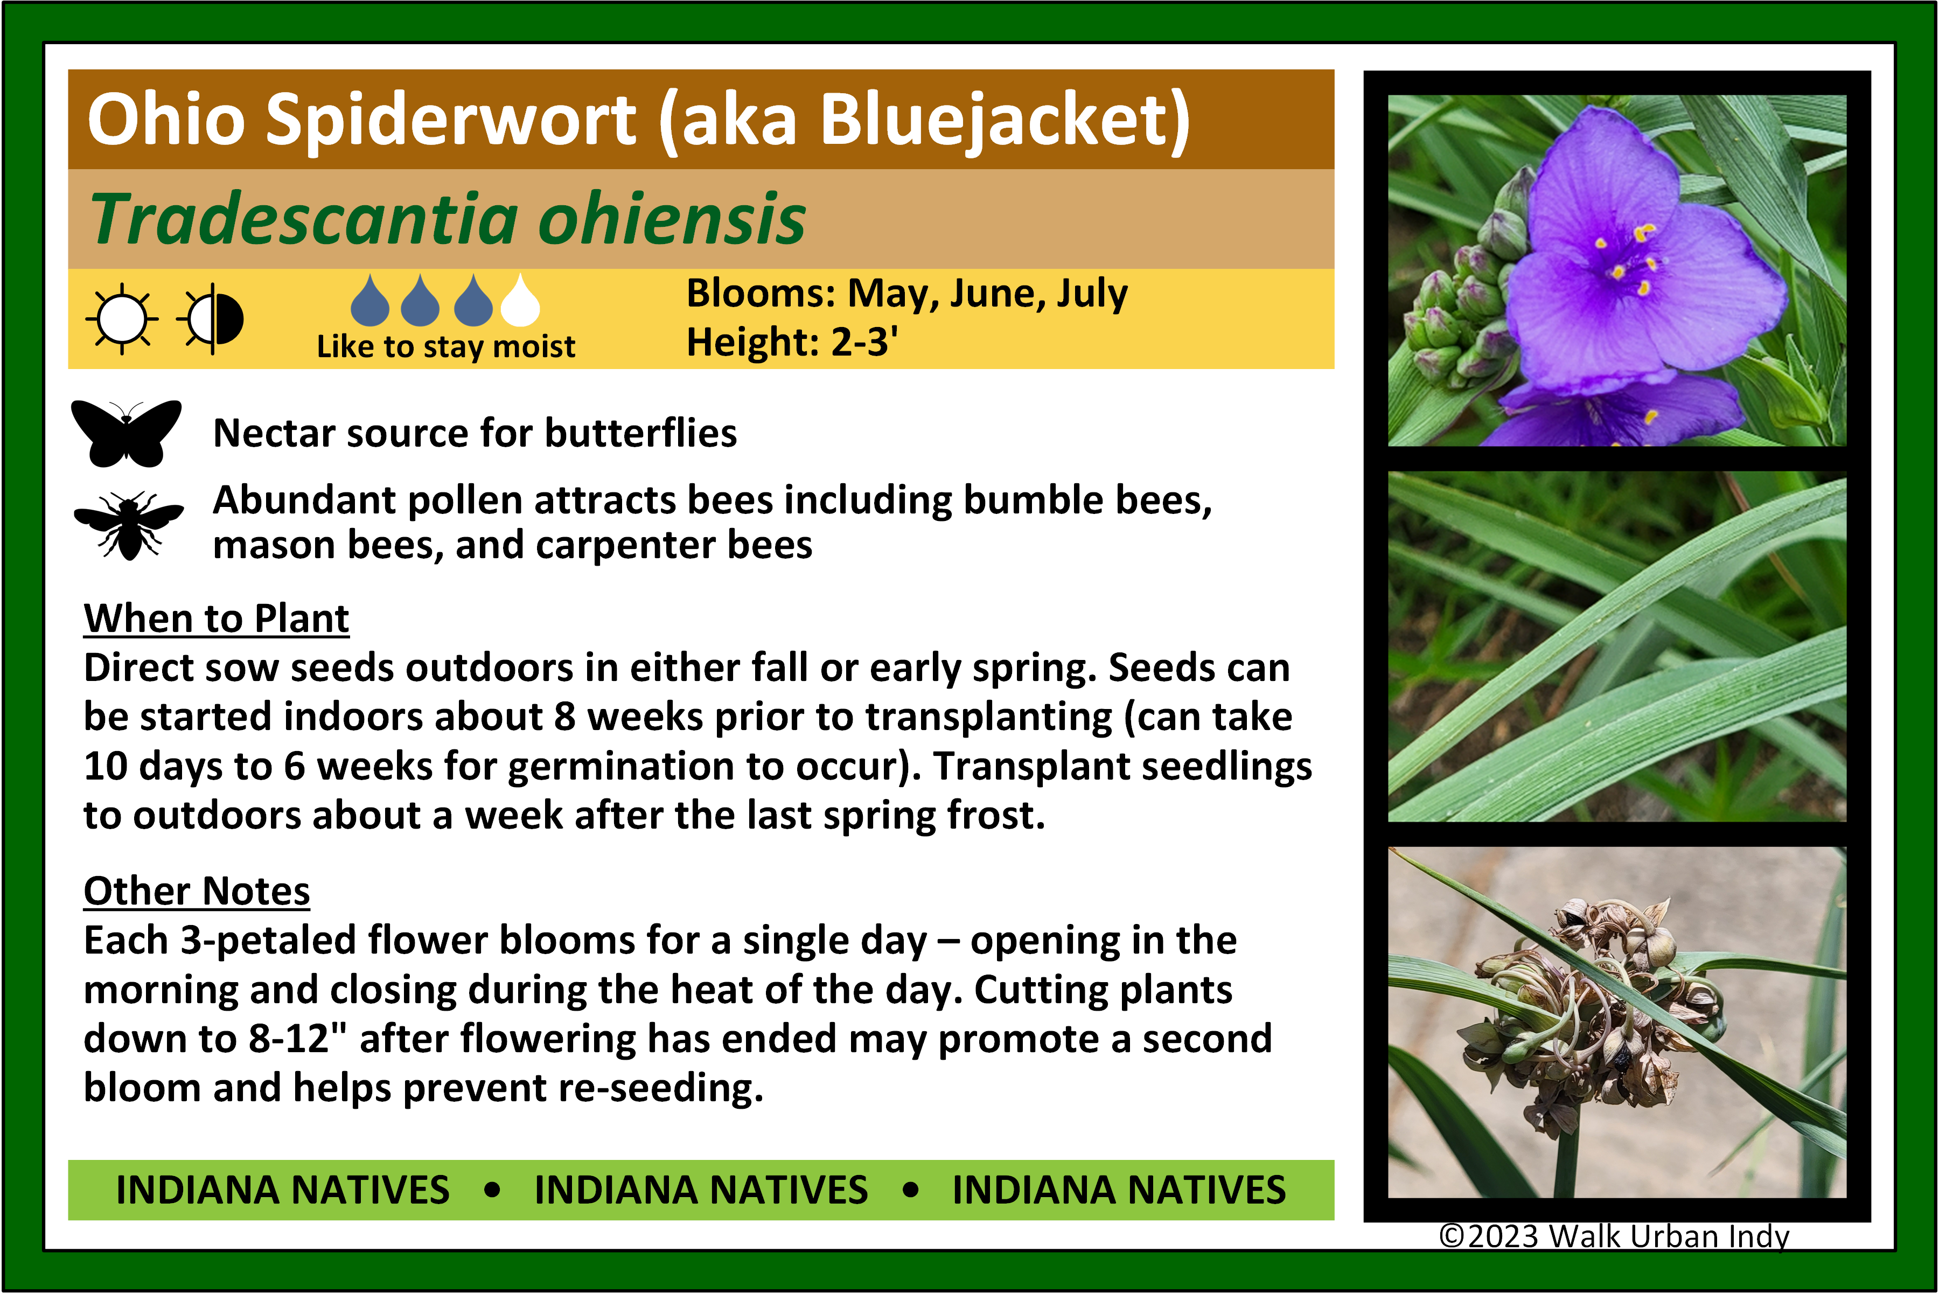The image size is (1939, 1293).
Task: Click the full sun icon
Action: click(x=122, y=318)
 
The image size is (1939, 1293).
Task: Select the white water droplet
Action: click(x=520, y=300)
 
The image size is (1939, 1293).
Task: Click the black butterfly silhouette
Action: click(x=126, y=433)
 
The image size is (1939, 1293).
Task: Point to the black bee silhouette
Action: click(x=129, y=525)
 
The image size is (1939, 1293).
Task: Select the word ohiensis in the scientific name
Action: click(x=671, y=219)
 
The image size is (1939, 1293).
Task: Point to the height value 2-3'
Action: click(x=864, y=342)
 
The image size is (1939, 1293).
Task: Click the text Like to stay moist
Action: click(x=446, y=347)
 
